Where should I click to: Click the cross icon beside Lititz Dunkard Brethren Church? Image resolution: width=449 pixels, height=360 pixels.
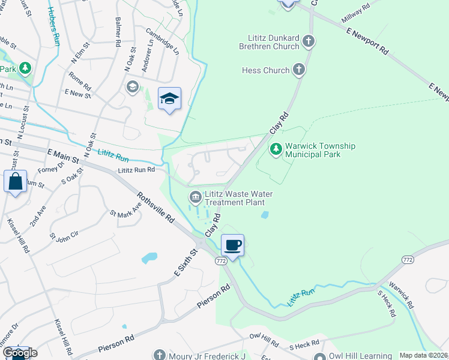coord(309,41)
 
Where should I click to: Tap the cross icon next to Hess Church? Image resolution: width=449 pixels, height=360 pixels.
coord(299,70)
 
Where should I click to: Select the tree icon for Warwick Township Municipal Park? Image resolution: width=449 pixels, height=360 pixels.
coord(276,148)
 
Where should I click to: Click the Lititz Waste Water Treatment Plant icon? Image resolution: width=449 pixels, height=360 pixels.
coord(196,197)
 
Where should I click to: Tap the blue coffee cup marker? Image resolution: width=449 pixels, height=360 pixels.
coord(232,245)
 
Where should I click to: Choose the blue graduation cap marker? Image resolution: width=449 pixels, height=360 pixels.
coord(169,99)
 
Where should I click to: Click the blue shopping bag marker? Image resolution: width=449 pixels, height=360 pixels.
coord(15,181)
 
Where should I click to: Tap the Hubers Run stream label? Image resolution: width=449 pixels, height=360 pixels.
coord(53,26)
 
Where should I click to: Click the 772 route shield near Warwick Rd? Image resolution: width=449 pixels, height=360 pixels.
coord(408,259)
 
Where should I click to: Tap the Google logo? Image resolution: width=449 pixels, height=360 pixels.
coord(19,353)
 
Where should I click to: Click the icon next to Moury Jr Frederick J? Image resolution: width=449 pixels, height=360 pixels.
coord(159,355)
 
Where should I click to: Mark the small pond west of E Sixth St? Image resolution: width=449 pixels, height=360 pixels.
coord(149,258)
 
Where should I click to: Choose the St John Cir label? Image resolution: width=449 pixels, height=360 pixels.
coord(64,230)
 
